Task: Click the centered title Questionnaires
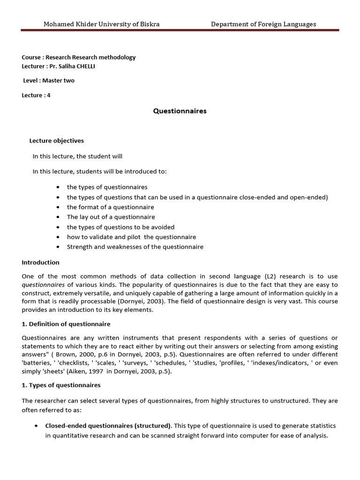click(x=180, y=111)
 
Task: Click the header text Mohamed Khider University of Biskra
click(x=101, y=24)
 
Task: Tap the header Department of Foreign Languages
click(x=263, y=24)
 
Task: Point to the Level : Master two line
click(x=49, y=80)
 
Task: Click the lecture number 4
click(x=49, y=95)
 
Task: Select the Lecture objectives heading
click(x=56, y=140)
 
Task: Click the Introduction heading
click(x=40, y=262)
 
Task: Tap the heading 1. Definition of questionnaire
click(x=66, y=323)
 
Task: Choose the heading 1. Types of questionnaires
click(x=61, y=385)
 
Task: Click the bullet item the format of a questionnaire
click(x=110, y=207)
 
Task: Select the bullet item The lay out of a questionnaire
click(x=111, y=217)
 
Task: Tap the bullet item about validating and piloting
click(x=131, y=237)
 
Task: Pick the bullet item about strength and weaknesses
click(x=135, y=247)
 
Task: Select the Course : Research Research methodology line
click(x=78, y=57)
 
